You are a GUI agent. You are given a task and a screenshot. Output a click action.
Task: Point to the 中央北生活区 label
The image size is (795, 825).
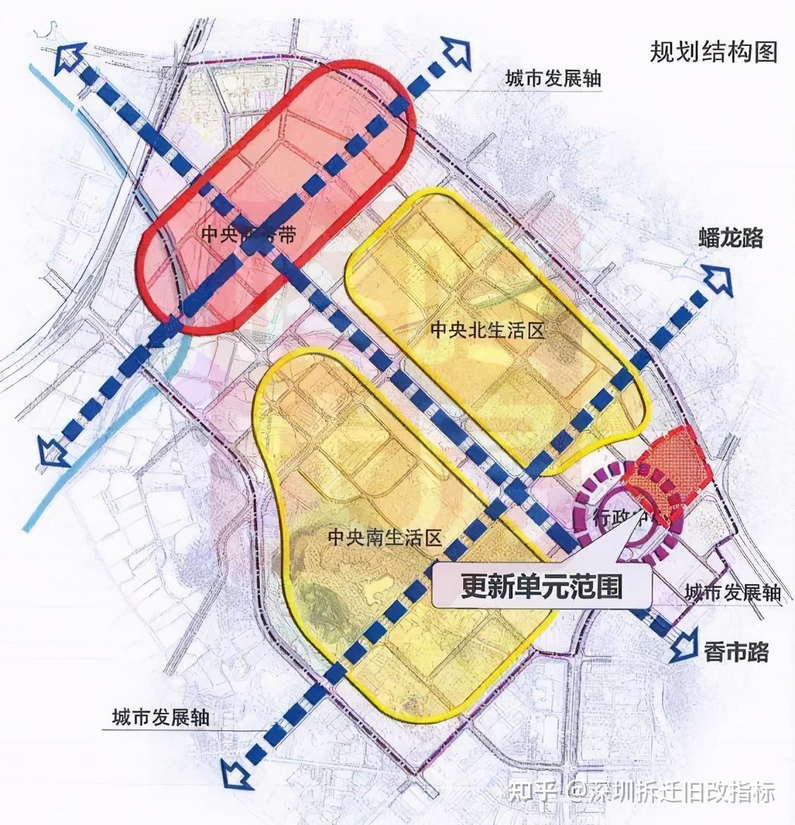[489, 331]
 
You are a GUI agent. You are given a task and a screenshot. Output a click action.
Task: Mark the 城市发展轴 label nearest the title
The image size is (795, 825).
[553, 79]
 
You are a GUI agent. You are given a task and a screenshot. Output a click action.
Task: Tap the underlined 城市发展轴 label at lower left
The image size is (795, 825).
[161, 718]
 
